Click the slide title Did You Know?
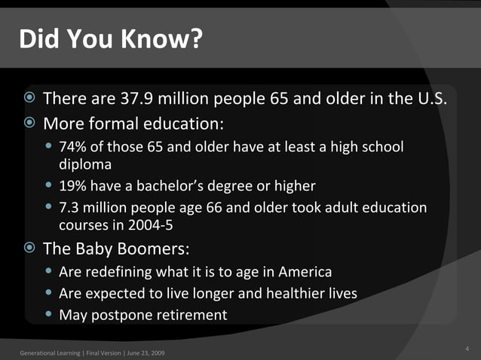pos(111,38)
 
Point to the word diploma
pos(85,163)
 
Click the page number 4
pos(467,348)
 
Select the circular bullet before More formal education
pos(29,122)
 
